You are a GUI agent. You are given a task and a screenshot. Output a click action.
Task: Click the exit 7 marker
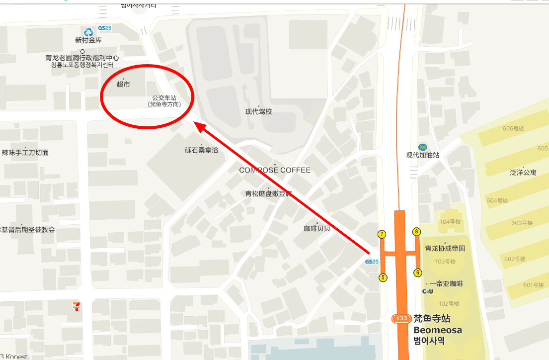(382, 234)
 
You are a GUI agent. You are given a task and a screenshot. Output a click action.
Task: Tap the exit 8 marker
(417, 231)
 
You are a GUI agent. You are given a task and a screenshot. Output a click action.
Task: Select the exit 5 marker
(383, 277)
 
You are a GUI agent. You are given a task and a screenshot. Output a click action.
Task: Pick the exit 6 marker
(418, 272)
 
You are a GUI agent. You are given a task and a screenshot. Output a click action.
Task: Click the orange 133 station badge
(401, 318)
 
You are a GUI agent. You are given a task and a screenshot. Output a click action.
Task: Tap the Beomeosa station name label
(438, 330)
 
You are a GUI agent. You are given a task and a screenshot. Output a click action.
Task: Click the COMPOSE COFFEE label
(275, 170)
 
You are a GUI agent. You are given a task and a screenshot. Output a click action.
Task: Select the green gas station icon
(422, 147)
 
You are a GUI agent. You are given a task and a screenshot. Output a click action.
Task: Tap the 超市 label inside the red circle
(123, 85)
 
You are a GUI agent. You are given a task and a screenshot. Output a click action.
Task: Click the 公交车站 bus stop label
(164, 98)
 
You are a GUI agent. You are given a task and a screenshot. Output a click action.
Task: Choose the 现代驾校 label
(259, 112)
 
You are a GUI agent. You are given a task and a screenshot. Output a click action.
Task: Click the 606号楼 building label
(513, 128)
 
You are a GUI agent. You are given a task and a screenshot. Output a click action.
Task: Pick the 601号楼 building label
(534, 285)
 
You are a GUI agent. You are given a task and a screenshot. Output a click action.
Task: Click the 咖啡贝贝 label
(317, 229)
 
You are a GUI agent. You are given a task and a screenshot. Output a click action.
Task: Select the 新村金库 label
(89, 40)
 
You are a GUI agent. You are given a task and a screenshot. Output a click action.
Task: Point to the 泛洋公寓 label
(523, 173)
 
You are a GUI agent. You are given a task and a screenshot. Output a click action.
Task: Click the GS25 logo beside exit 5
(372, 262)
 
